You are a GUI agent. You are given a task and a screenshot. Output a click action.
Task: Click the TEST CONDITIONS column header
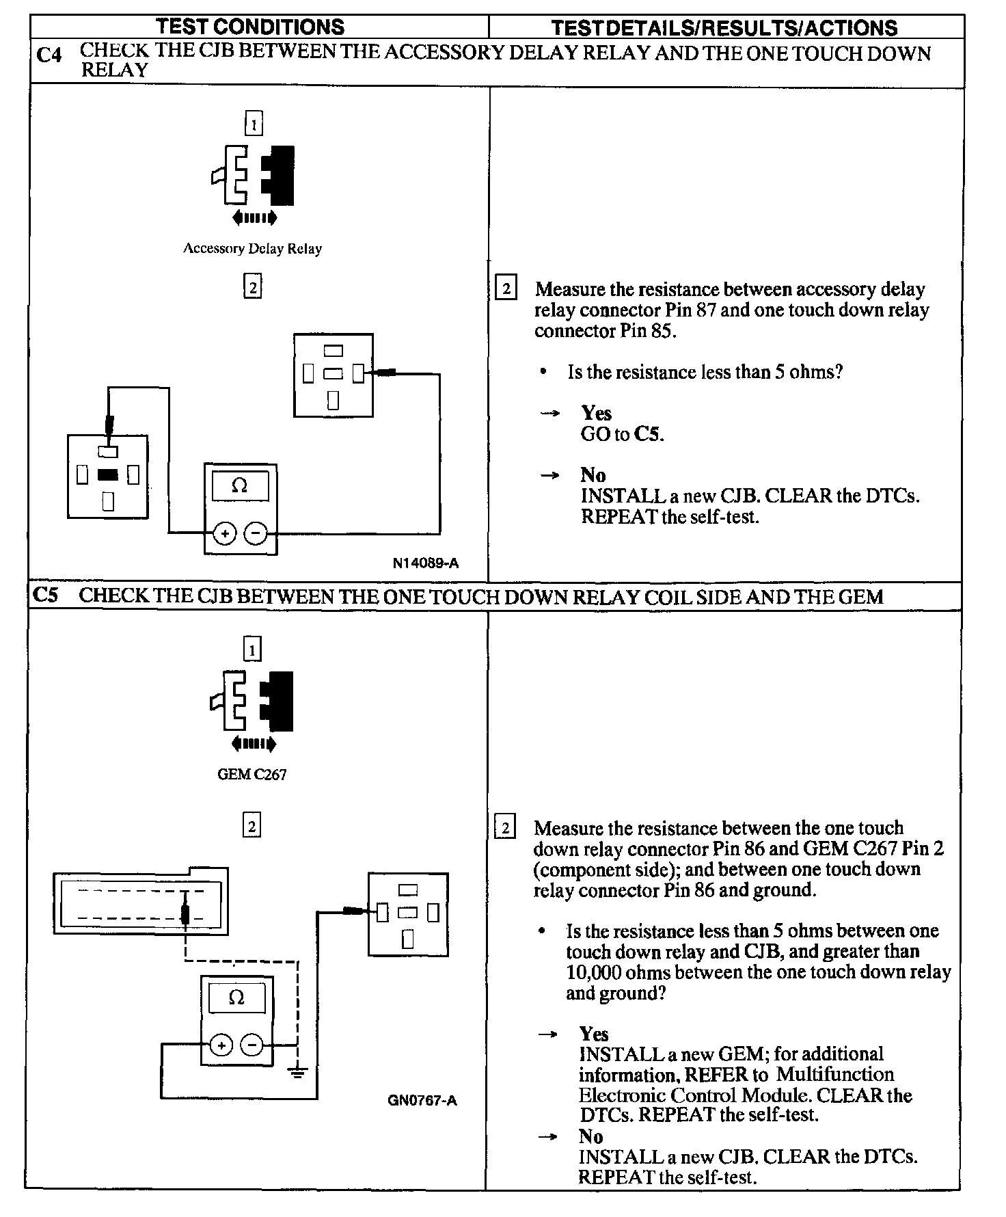click(x=250, y=27)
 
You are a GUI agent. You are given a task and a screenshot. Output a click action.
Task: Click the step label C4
click(x=49, y=54)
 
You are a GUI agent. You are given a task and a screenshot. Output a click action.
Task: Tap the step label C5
click(x=46, y=596)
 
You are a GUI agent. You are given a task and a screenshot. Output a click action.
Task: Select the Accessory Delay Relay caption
click(x=252, y=249)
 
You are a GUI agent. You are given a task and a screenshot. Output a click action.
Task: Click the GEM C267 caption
click(x=251, y=775)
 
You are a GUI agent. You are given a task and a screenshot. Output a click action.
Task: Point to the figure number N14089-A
click(x=425, y=563)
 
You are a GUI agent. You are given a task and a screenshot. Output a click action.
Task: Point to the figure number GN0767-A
click(x=421, y=1101)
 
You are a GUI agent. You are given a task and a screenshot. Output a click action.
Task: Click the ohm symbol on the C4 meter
click(x=239, y=485)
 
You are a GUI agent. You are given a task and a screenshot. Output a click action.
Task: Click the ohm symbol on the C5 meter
click(x=236, y=998)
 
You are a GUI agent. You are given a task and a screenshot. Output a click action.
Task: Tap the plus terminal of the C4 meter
click(x=224, y=533)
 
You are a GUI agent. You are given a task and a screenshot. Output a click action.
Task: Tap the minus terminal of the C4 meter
click(x=256, y=533)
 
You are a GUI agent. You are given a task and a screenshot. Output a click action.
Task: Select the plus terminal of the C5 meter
click(x=221, y=1045)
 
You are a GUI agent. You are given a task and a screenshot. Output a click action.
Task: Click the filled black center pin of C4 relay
click(x=107, y=474)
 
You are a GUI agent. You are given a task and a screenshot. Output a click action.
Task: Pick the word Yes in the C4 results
click(x=596, y=413)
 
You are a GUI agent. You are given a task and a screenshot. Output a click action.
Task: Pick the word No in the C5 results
click(x=590, y=1136)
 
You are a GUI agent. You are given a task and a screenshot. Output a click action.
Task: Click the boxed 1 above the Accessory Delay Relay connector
click(x=254, y=124)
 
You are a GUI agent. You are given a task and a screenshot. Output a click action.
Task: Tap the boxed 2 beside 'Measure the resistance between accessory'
click(x=506, y=289)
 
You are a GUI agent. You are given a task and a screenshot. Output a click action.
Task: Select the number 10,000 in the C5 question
click(x=593, y=972)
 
